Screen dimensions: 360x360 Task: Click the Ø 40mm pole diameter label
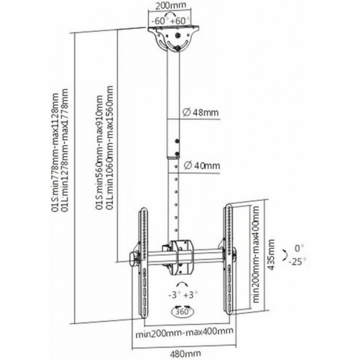(x=201, y=166)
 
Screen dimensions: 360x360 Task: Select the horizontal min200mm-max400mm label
(x=184, y=331)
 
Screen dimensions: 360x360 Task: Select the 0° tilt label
(x=300, y=248)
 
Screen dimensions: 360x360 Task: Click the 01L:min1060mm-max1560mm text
(x=109, y=148)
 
